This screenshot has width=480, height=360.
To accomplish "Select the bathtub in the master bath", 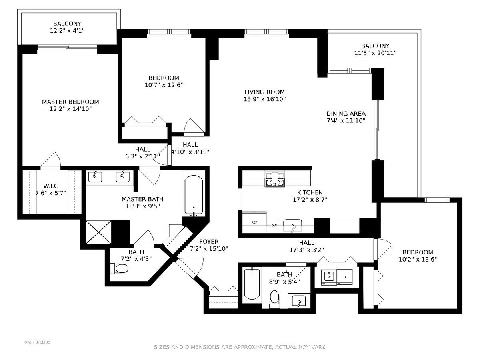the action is (194, 196).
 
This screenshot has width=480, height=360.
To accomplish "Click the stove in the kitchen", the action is (275, 179).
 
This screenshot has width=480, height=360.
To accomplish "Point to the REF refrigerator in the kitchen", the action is (254, 222).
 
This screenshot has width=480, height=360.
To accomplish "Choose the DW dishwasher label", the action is (274, 225).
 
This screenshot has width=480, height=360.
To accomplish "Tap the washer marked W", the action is (329, 277).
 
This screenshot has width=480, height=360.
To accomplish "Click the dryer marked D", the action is (345, 277).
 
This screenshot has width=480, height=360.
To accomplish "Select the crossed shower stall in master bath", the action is (98, 232).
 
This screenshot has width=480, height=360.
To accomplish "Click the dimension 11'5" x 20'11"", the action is (375, 53).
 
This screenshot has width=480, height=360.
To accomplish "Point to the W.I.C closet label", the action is (51, 186).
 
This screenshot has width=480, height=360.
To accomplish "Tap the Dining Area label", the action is (346, 114).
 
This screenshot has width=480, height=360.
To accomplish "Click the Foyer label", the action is (209, 242).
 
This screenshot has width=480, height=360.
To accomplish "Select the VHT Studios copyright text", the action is (37, 342).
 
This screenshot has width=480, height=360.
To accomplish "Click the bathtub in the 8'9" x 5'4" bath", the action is (252, 284).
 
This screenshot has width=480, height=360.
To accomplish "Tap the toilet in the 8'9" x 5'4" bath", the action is (275, 300).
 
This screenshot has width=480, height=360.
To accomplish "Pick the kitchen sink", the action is (292, 225).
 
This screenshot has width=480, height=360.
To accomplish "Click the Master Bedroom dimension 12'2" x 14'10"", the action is (70, 109).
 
